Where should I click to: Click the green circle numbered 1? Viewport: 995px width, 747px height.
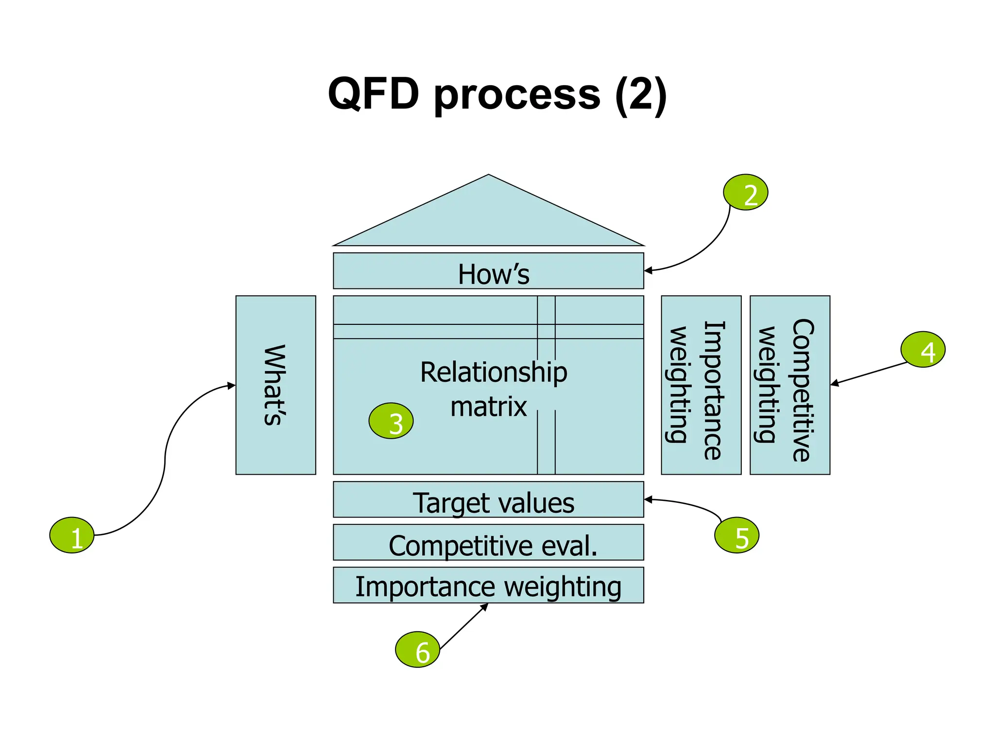[72, 535]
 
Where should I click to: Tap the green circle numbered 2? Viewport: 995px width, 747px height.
[745, 192]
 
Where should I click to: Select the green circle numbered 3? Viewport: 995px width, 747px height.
[391, 421]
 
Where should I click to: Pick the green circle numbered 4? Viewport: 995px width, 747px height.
[923, 349]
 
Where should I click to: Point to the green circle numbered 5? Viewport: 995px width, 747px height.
[737, 535]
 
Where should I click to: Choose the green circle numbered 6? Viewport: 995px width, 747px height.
[417, 649]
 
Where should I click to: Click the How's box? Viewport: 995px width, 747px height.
[488, 271]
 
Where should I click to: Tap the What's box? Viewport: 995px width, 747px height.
[275, 385]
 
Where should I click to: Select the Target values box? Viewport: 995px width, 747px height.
[488, 499]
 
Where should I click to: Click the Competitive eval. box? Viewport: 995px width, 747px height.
[488, 542]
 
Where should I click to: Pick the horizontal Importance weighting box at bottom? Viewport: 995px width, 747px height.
[488, 585]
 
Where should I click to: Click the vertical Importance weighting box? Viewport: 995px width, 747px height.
[701, 385]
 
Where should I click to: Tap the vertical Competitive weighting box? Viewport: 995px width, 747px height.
[789, 385]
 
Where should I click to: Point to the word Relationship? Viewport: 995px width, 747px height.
[493, 373]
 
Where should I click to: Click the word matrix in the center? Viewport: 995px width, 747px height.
[488, 407]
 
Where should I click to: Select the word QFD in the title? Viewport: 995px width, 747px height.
[373, 93]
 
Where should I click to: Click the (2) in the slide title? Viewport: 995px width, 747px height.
[640, 95]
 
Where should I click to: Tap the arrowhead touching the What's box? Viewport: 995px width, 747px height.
[232, 386]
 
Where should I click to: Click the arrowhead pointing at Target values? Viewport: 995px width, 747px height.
[648, 499]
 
